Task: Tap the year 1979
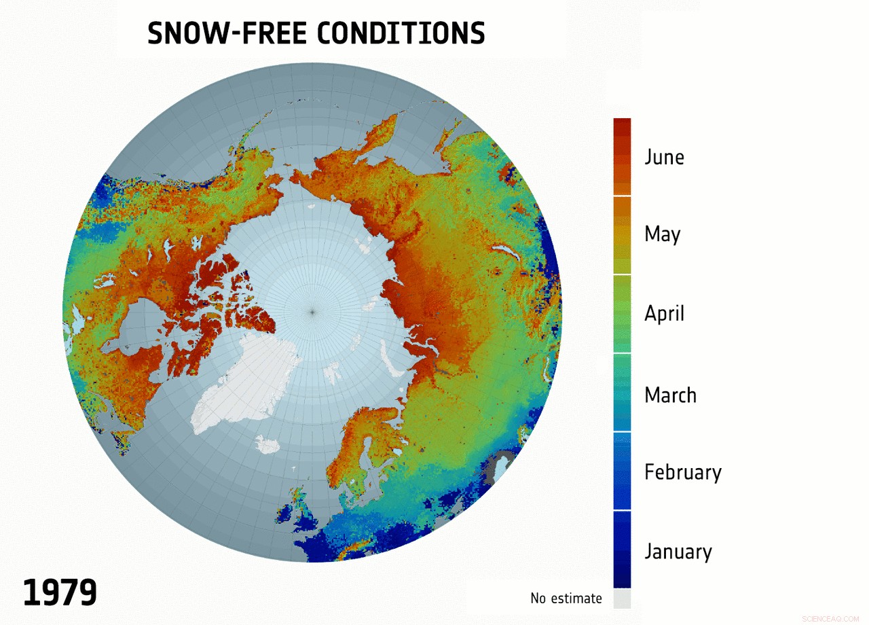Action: click(60, 592)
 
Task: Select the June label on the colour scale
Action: click(664, 158)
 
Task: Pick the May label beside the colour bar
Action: click(662, 234)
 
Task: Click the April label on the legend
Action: click(664, 314)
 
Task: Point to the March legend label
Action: click(670, 395)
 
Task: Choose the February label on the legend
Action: click(682, 472)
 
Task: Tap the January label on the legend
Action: click(678, 551)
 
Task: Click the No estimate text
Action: click(566, 599)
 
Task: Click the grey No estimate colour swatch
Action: click(622, 599)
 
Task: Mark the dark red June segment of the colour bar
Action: click(622, 156)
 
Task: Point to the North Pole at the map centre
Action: click(312, 312)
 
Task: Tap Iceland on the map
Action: click(267, 445)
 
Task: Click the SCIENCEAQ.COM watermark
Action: click(830, 619)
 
